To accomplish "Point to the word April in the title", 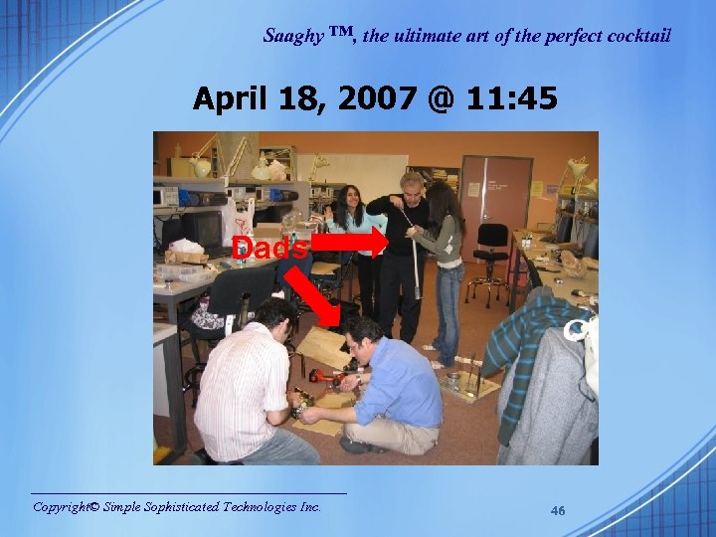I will [232, 99].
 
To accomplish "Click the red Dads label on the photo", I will [269, 249].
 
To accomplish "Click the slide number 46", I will [558, 511].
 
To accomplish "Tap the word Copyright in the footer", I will [66, 507].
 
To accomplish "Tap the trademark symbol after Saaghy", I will [340, 34].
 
